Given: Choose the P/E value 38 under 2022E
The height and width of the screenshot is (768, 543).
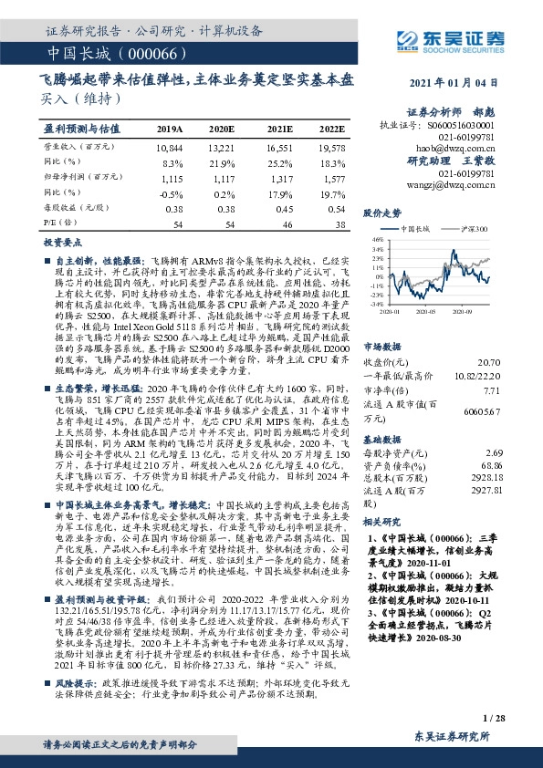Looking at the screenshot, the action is point(339,223).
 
